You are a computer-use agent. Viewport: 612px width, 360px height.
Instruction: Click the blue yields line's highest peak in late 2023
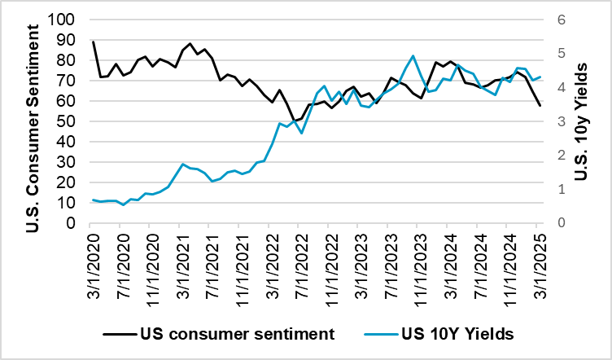click(x=413, y=56)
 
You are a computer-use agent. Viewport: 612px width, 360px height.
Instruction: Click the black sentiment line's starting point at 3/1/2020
click(x=94, y=42)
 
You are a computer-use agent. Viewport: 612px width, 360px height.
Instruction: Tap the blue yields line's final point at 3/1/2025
click(x=539, y=77)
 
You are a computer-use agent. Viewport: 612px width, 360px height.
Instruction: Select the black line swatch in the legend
click(x=117, y=333)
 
